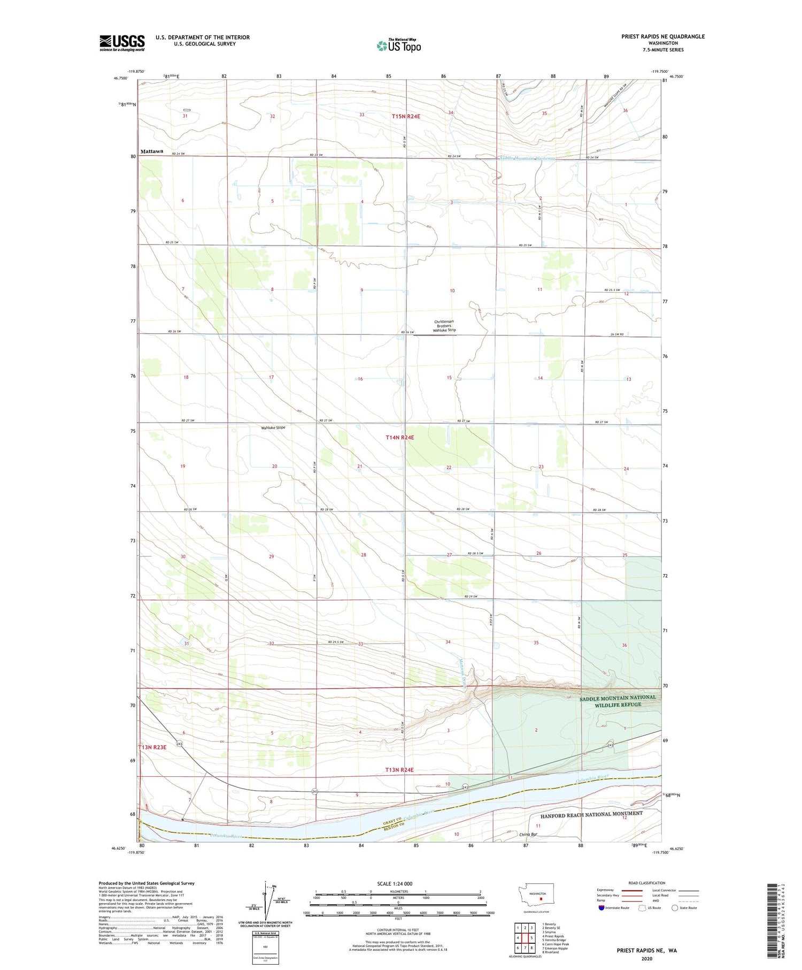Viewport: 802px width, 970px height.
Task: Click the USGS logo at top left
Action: (122, 43)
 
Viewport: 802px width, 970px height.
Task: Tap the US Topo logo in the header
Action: (399, 45)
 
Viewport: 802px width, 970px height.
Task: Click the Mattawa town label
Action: (151, 151)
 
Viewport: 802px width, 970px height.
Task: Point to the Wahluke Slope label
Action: (273, 427)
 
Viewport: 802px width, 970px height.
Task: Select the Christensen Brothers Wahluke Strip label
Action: (444, 326)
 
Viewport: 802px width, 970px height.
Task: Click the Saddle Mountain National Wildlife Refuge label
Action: (617, 701)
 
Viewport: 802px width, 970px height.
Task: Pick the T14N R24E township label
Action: (399, 437)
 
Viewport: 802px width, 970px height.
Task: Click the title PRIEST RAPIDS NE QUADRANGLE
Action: (662, 36)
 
